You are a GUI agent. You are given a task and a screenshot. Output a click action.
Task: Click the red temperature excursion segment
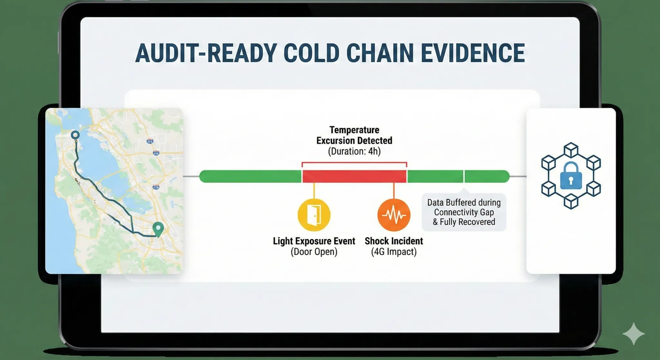354,177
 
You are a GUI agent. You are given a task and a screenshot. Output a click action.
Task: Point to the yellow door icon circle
314,215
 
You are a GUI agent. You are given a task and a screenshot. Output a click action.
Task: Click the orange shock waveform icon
394,215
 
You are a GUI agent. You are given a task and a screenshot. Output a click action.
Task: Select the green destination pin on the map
158,229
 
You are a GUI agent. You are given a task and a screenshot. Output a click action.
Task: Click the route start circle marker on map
75,135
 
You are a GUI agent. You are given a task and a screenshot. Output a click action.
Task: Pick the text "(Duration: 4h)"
354,151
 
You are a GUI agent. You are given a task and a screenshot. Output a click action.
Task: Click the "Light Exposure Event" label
314,241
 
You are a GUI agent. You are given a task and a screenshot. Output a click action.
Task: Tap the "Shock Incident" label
394,241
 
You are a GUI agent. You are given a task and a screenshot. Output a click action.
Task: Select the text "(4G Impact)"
394,252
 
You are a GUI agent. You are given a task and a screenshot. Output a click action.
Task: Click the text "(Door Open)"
314,252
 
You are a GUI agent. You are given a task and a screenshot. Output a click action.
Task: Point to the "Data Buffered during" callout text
464,203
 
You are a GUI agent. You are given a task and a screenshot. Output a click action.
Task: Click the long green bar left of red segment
250,177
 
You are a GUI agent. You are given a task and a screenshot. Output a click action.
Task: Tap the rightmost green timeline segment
487,177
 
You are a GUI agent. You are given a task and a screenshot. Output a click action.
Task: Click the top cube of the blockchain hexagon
571,150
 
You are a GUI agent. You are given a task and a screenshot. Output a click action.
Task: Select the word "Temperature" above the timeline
354,130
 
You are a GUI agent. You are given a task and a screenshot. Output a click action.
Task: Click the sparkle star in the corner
633,334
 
